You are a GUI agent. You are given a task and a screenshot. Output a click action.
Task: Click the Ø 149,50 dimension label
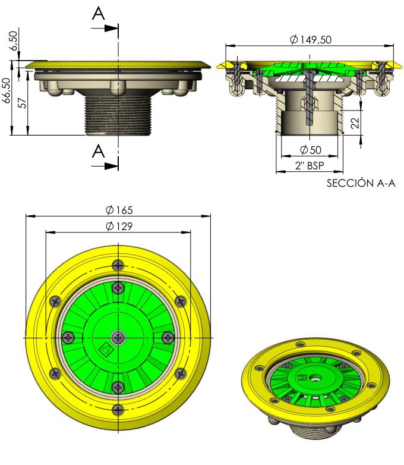(310, 39)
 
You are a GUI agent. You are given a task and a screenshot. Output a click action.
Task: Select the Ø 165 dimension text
(119, 210)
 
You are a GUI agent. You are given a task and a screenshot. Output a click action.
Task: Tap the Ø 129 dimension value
(119, 227)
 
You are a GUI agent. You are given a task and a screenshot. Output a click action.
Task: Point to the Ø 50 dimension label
(310, 150)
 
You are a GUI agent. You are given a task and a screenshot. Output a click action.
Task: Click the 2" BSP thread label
(310, 165)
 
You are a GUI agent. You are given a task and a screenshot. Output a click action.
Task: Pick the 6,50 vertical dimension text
(13, 41)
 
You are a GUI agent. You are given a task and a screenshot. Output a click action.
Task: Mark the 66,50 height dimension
(6, 90)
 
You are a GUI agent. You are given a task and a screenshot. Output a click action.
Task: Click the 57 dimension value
(22, 103)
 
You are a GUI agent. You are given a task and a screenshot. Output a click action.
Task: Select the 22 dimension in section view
(355, 122)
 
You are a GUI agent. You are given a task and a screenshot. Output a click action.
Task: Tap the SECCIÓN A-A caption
(361, 183)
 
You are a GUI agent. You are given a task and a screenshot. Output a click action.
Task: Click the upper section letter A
(99, 13)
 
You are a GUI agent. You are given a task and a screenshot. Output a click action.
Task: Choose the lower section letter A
(99, 151)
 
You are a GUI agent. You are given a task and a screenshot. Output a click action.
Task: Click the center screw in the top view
(118, 338)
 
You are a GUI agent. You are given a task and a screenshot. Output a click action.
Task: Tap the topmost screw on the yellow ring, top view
(118, 265)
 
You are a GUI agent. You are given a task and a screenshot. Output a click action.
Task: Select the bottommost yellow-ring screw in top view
(118, 410)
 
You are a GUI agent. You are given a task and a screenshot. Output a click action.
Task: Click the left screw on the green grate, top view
(68, 338)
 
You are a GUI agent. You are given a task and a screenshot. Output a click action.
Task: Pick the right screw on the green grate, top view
(168, 338)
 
